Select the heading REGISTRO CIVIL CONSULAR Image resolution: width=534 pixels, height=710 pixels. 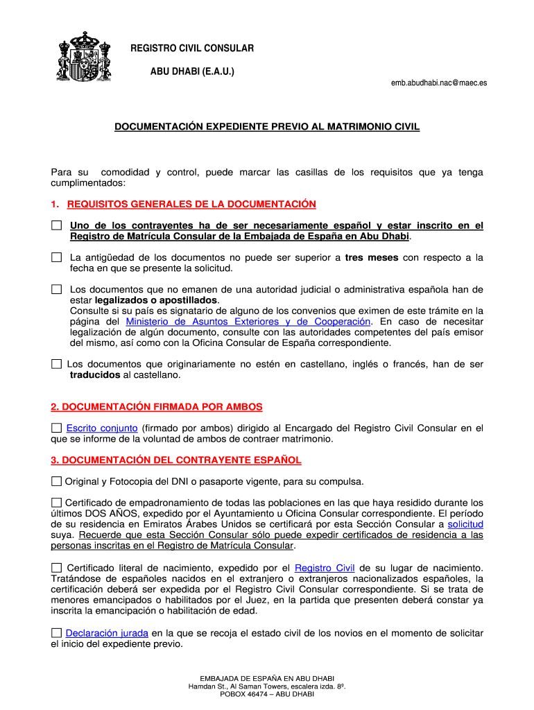(193, 49)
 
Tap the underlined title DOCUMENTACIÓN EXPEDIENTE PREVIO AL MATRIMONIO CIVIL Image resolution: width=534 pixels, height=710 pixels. (267, 128)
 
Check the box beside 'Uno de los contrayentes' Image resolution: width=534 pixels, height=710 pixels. (56, 226)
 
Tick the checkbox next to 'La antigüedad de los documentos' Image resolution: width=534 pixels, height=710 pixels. (56, 258)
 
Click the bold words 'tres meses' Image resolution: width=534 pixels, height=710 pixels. (372, 258)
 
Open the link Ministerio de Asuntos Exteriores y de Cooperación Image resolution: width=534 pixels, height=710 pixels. (248, 322)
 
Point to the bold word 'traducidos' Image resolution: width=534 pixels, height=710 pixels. (95, 375)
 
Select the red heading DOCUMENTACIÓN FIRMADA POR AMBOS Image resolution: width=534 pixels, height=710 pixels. (157, 407)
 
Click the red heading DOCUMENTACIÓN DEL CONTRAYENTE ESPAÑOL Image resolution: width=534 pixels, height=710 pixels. (176, 460)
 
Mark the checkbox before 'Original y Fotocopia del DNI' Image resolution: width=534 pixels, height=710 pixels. (56, 482)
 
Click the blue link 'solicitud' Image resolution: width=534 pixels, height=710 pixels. (465, 524)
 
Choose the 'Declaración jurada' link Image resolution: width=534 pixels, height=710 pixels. (106, 633)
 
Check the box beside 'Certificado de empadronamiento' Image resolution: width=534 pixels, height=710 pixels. (56, 503)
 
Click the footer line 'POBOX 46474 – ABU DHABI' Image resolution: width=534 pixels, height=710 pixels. (267, 694)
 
